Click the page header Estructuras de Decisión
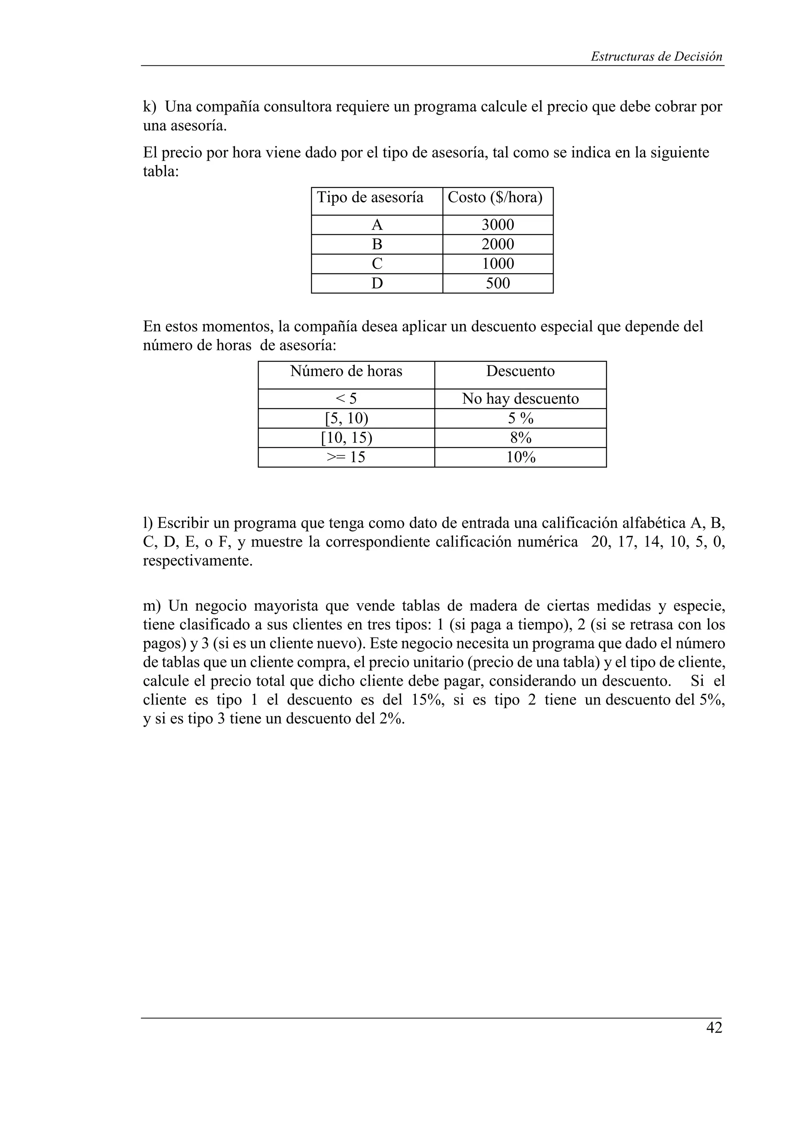click(x=656, y=57)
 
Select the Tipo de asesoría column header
click(x=370, y=197)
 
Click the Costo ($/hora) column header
click(x=495, y=197)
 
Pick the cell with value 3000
click(x=498, y=225)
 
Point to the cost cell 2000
click(x=498, y=244)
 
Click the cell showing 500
click(x=498, y=283)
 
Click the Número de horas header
click(x=346, y=371)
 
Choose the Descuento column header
click(x=520, y=371)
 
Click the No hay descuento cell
click(x=520, y=399)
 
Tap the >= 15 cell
click(x=346, y=457)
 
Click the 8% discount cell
click(x=520, y=438)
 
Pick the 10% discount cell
click(x=520, y=457)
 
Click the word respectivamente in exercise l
click(x=196, y=561)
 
